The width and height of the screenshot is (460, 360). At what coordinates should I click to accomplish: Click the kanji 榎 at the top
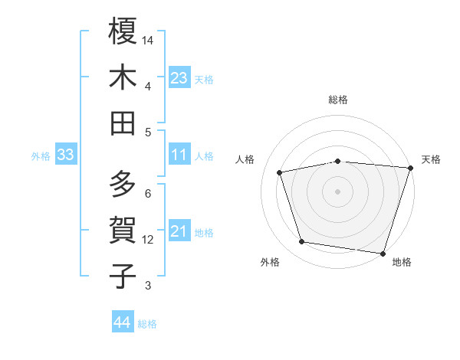[x=123, y=31]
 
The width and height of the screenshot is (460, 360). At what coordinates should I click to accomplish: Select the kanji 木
[x=123, y=77]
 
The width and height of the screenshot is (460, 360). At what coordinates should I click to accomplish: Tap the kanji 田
[x=123, y=123]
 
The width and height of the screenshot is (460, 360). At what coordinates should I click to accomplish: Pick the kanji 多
[x=123, y=185]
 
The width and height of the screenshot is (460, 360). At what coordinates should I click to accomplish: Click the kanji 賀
[x=123, y=231]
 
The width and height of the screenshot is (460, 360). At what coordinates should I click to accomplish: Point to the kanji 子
[x=123, y=277]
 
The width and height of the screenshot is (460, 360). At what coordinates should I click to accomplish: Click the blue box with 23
[x=179, y=78]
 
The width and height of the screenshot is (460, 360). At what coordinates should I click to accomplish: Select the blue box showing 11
[x=179, y=155]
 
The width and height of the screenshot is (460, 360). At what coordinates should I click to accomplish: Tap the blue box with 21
[x=179, y=232]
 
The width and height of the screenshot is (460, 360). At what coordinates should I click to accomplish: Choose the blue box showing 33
[x=65, y=155]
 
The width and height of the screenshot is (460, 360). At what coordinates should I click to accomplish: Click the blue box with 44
[x=123, y=323]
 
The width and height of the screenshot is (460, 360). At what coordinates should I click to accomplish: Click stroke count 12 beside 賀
[x=149, y=240]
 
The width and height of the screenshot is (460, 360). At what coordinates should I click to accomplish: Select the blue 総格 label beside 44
[x=147, y=324]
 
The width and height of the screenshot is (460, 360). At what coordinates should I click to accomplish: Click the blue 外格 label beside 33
[x=41, y=156]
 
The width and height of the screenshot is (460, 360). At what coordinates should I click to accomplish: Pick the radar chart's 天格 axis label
[x=432, y=159]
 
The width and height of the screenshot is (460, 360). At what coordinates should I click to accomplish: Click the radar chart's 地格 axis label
[x=402, y=262]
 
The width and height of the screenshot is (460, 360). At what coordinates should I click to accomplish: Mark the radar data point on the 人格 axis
[x=281, y=172]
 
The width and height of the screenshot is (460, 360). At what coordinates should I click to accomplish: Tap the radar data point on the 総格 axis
[x=338, y=161]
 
